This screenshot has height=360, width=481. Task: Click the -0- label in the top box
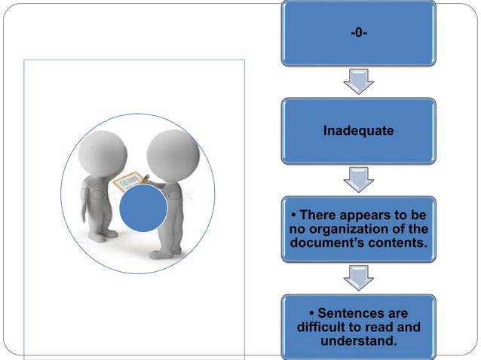pyautogui.click(x=358, y=32)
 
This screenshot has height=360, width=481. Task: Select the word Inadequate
pyautogui.click(x=358, y=131)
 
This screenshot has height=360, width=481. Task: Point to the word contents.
pyautogui.click(x=398, y=243)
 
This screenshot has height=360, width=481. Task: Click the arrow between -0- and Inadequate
pyautogui.click(x=358, y=81)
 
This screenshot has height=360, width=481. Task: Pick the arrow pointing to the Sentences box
pyautogui.click(x=358, y=278)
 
